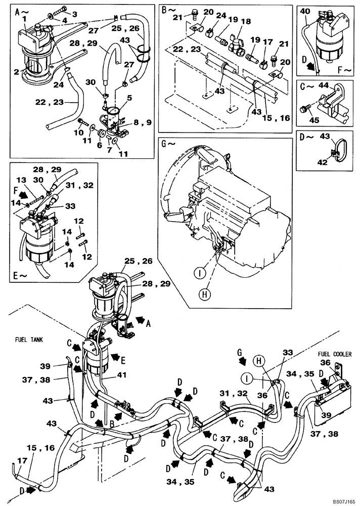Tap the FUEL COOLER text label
pyautogui.click(x=334, y=354)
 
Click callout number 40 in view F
pyautogui.click(x=305, y=11)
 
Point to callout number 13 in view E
pyautogui.click(x=21, y=181)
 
